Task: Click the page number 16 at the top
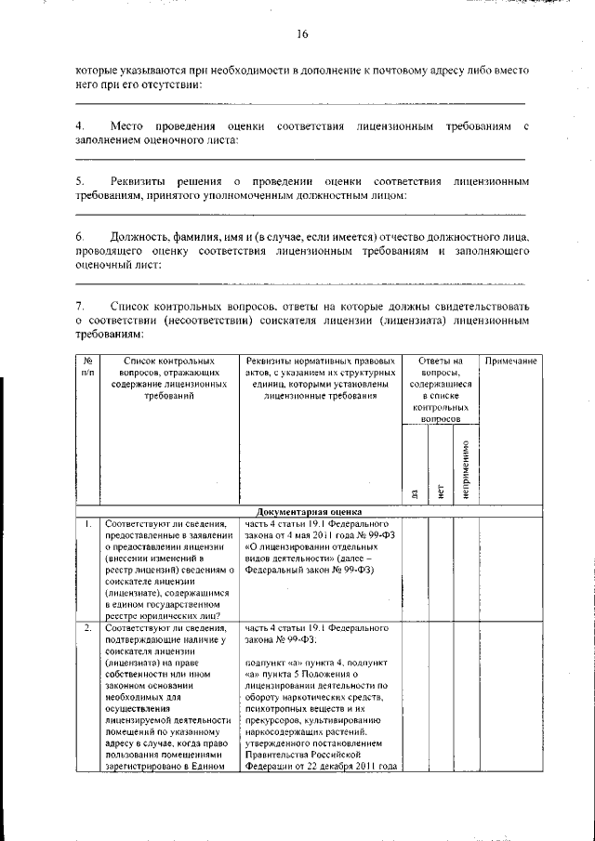(302, 34)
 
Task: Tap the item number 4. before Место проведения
(80, 125)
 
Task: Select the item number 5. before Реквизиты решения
(80, 180)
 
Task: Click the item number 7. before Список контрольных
(80, 305)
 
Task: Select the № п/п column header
(86, 366)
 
